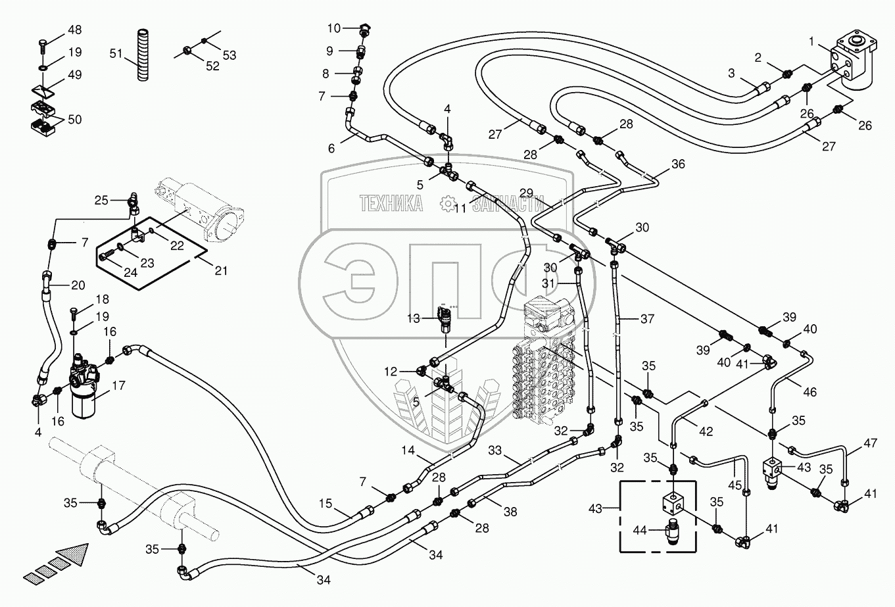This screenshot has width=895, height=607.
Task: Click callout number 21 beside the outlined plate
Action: click(x=221, y=270)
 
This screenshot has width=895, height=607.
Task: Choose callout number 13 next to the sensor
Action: click(x=413, y=319)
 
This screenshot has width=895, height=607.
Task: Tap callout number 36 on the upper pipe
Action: click(x=677, y=164)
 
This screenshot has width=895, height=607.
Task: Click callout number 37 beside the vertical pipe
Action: click(x=647, y=320)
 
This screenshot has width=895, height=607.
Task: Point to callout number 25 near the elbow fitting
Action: click(x=101, y=200)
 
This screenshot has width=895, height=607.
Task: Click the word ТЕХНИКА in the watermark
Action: click(x=391, y=204)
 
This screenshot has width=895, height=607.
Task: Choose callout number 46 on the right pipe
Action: click(x=810, y=392)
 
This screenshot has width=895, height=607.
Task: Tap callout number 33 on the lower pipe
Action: click(x=494, y=451)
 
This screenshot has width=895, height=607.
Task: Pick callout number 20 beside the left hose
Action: click(x=78, y=285)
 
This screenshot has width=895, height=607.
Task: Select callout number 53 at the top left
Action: click(x=229, y=55)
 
